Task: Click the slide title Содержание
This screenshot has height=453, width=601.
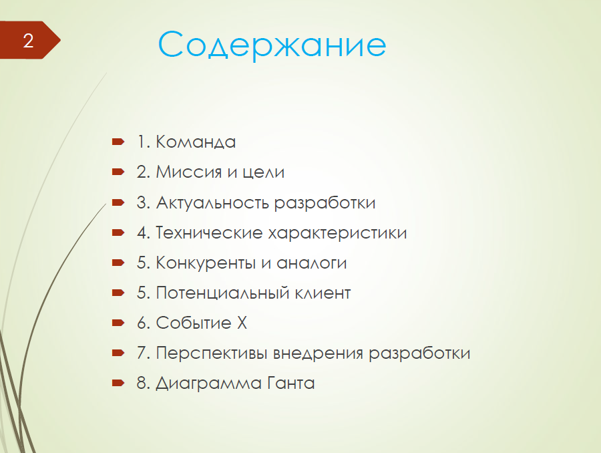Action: (x=272, y=45)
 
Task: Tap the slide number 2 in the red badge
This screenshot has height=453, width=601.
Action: (x=28, y=41)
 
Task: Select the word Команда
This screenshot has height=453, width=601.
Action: (x=196, y=142)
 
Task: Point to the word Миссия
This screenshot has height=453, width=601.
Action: (x=188, y=172)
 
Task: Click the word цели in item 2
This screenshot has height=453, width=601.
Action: (x=264, y=172)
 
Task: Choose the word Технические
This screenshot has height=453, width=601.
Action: (x=209, y=233)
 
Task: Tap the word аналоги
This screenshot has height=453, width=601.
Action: (x=312, y=263)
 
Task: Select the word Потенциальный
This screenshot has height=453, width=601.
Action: (x=222, y=293)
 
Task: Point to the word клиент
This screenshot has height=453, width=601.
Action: (x=323, y=293)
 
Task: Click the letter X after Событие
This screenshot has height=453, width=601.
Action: (x=242, y=323)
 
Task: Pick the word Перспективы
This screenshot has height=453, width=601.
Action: (x=211, y=353)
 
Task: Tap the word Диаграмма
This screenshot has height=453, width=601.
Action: (x=208, y=384)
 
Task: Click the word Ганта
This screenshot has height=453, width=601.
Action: (x=291, y=384)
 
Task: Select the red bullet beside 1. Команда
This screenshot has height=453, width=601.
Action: (x=118, y=142)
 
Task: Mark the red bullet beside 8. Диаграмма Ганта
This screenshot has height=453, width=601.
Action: (x=118, y=382)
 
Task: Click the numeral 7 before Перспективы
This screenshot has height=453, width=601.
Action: (x=141, y=353)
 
